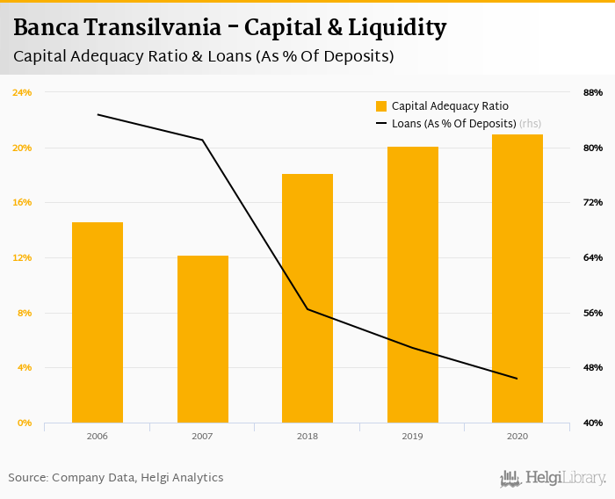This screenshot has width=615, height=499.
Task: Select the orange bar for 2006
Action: click(x=98, y=322)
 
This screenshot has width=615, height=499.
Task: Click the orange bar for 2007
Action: click(x=202, y=339)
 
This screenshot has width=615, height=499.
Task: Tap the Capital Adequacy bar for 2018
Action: click(x=307, y=299)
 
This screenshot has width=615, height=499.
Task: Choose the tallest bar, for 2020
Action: click(x=517, y=278)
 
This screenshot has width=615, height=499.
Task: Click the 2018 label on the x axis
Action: click(x=307, y=436)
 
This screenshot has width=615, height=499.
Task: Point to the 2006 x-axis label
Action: click(x=98, y=436)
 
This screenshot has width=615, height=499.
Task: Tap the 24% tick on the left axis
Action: click(x=22, y=92)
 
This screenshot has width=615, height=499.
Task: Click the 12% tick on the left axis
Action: click(x=22, y=257)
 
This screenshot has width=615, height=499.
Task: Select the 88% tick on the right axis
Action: click(x=592, y=92)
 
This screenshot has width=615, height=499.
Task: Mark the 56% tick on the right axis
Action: click(x=592, y=313)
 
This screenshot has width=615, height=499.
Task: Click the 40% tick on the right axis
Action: click(x=592, y=423)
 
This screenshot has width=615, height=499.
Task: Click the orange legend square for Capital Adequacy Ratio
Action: click(x=381, y=106)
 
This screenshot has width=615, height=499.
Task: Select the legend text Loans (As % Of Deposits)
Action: click(x=453, y=124)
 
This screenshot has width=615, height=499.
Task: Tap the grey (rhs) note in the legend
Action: click(x=530, y=124)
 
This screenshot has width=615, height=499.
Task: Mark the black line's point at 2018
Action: click(x=307, y=309)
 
